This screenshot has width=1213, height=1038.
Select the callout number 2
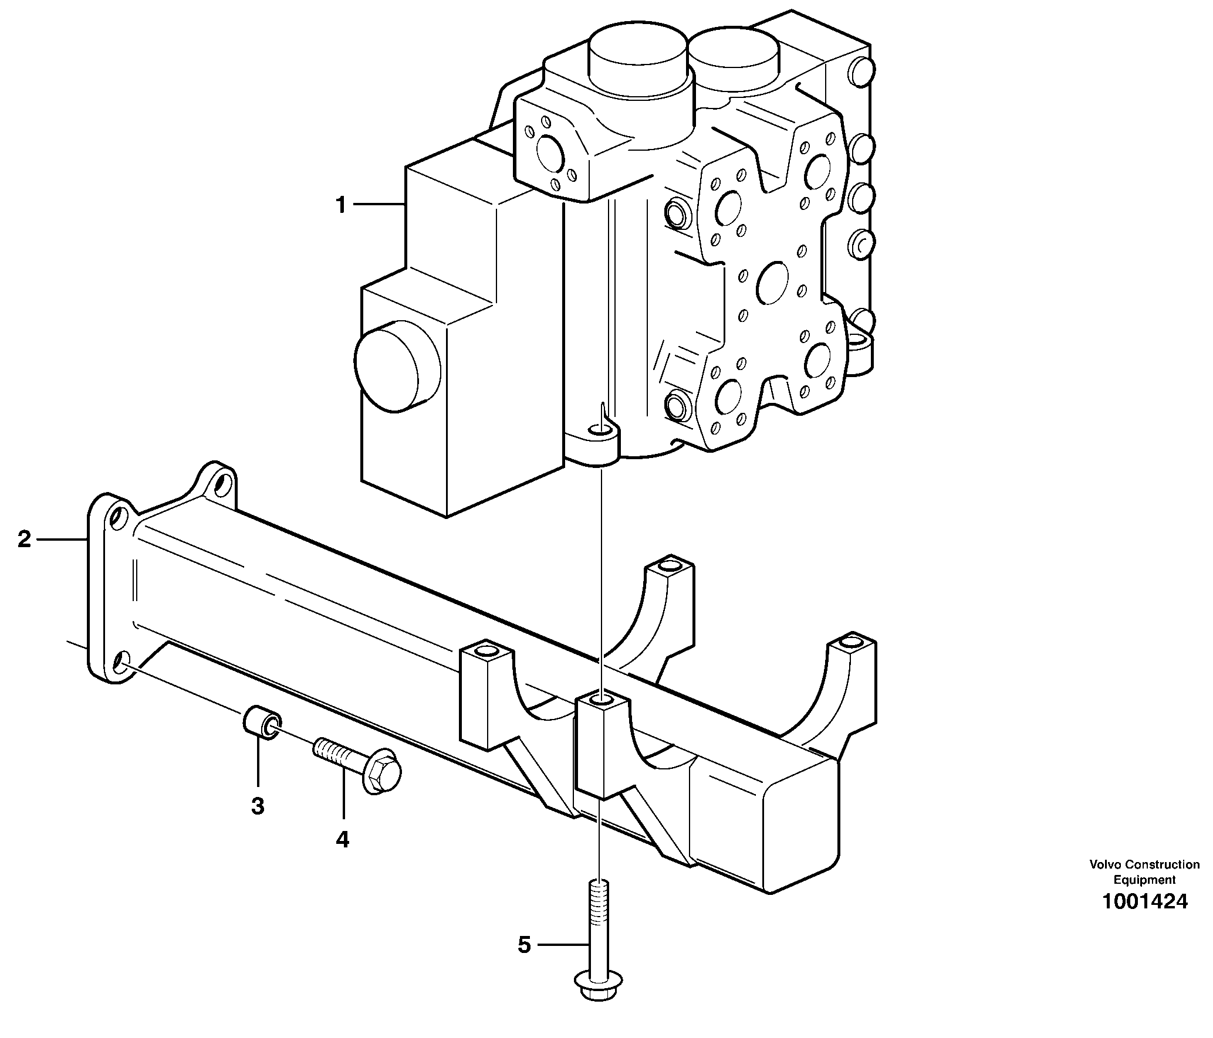[24, 538]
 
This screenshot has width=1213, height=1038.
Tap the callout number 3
[258, 806]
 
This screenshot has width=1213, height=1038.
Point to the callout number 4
[342, 840]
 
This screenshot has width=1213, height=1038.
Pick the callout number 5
[524, 945]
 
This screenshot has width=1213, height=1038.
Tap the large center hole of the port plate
[776, 284]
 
